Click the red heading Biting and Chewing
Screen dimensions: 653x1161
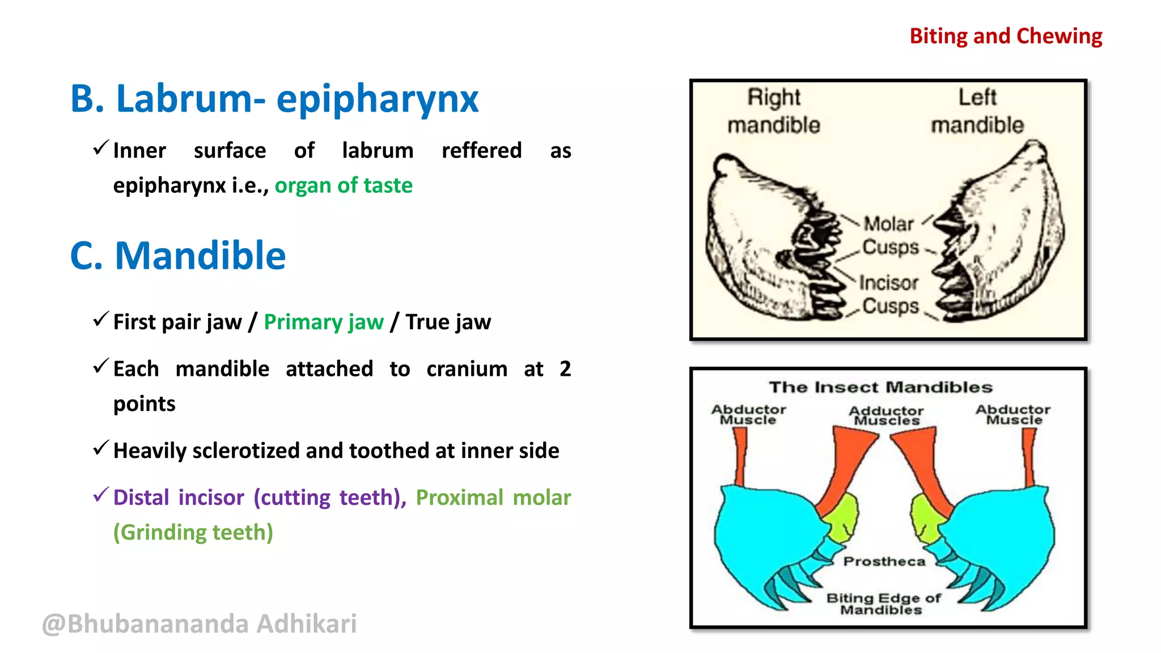[1006, 36]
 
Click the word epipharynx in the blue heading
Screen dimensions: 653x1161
[377, 99]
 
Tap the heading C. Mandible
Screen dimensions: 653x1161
[178, 256]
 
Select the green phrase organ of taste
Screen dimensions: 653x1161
[344, 185]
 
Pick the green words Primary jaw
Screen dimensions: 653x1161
[324, 322]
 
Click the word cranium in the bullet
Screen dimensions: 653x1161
[467, 369]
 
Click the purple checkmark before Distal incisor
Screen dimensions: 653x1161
[100, 495]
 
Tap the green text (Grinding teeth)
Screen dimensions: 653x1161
[193, 532]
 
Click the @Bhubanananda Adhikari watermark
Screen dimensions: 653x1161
[200, 624]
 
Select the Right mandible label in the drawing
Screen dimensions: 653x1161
[774, 111]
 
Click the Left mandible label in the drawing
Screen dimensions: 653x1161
[977, 111]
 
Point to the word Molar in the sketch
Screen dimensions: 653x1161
[888, 224]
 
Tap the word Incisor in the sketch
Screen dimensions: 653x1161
[888, 283]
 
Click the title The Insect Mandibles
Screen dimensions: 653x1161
[880, 387]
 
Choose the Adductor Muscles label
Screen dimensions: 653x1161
[887, 415]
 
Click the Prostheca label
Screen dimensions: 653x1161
[884, 561]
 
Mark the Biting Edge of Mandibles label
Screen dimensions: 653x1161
[883, 604]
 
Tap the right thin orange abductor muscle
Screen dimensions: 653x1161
[1029, 457]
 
